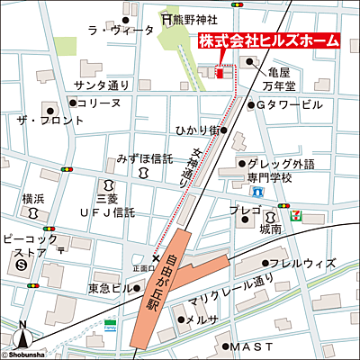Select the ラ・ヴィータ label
coord(115,30)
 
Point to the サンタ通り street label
coord(102,85)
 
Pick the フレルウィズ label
coord(306,264)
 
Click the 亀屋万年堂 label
coord(277,78)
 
